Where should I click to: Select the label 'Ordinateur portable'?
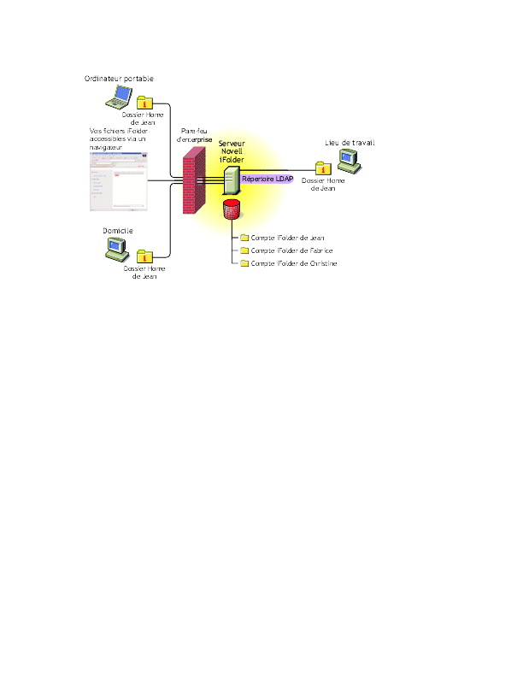(x=119, y=79)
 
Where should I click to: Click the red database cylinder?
(x=230, y=209)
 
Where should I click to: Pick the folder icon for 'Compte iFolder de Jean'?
(x=244, y=238)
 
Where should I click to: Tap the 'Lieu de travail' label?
(x=350, y=143)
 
